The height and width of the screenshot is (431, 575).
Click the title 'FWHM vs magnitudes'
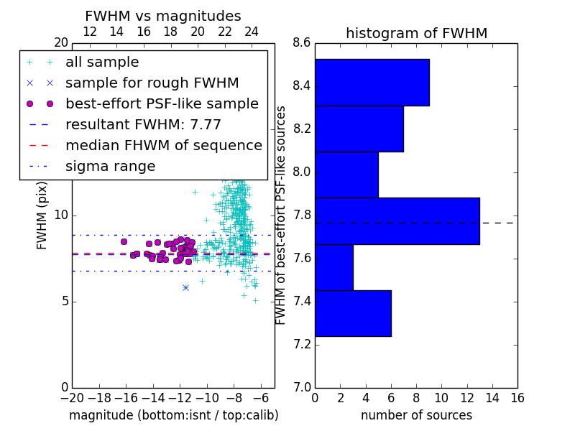tap(163, 16)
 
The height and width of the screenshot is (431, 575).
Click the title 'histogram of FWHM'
tap(417, 33)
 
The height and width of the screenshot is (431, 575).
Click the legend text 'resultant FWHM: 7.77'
tap(143, 124)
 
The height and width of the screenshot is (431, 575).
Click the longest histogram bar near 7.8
tap(397, 221)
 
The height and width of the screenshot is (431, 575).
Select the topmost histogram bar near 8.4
tap(372, 83)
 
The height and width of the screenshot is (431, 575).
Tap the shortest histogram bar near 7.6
tap(334, 267)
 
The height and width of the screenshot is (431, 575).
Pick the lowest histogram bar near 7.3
tap(353, 313)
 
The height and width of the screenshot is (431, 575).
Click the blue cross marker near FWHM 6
tap(186, 288)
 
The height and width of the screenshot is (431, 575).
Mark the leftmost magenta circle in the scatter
tap(124, 241)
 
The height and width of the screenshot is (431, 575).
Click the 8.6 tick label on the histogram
tap(301, 43)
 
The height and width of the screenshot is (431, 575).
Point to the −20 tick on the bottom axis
tap(73, 398)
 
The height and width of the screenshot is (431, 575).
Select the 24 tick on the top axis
tap(252, 32)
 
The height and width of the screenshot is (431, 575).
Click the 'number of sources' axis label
tap(417, 415)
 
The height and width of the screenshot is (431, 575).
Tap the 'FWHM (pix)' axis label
tap(42, 216)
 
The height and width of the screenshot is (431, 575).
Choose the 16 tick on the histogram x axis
tap(517, 398)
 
